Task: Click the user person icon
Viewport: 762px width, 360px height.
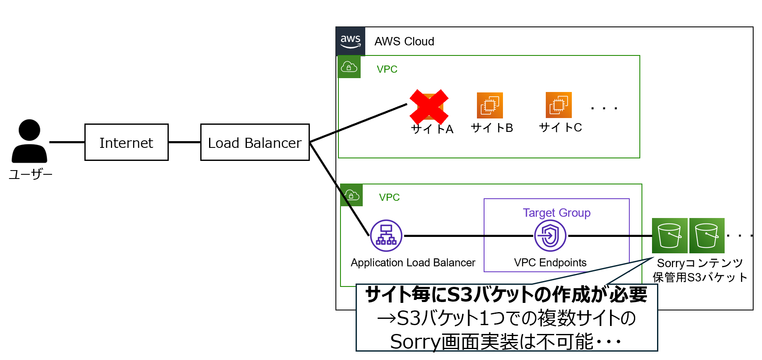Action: point(29,141)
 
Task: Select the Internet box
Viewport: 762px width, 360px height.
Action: point(126,142)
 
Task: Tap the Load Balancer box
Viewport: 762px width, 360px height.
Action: point(255,142)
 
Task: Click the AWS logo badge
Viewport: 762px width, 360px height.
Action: point(351,41)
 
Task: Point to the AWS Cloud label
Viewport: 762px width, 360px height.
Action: point(404,42)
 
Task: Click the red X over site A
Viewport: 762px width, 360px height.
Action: point(429,107)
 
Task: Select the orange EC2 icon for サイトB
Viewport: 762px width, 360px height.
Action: point(490,105)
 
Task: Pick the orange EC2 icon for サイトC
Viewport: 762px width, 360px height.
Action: point(558,105)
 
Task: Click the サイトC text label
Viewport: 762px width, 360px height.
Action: point(560,127)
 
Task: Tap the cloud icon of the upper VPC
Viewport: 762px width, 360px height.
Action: point(349,67)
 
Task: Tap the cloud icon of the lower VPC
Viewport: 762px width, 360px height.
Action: point(352,195)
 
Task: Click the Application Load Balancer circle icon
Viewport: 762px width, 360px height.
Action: point(386,236)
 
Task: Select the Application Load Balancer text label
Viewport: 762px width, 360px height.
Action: point(413,263)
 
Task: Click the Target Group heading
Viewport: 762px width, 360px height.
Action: point(557,213)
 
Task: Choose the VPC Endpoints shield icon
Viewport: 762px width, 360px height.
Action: point(550,236)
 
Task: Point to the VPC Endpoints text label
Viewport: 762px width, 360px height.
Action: point(550,263)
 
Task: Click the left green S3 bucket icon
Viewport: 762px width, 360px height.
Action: point(670,236)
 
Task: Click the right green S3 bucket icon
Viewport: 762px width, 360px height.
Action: point(707,236)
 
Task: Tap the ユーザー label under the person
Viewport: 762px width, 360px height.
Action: point(30,174)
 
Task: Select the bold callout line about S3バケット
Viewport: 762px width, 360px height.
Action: point(506,294)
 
